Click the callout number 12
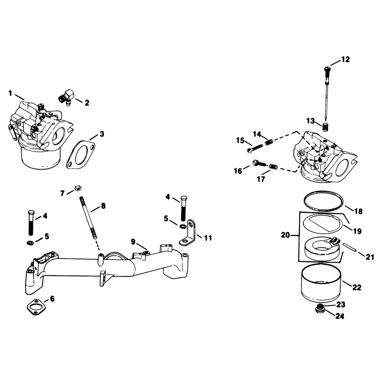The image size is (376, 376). click(x=345, y=59)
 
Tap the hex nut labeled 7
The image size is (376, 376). click(x=78, y=188)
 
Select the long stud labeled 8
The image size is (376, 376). click(x=88, y=217)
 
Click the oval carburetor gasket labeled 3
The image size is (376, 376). click(x=81, y=155)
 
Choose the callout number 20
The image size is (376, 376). click(x=286, y=235)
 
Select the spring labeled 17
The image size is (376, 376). click(x=273, y=166)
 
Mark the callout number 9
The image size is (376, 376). click(x=133, y=242)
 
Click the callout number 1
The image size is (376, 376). click(x=10, y=93)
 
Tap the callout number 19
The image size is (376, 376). click(x=357, y=231)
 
